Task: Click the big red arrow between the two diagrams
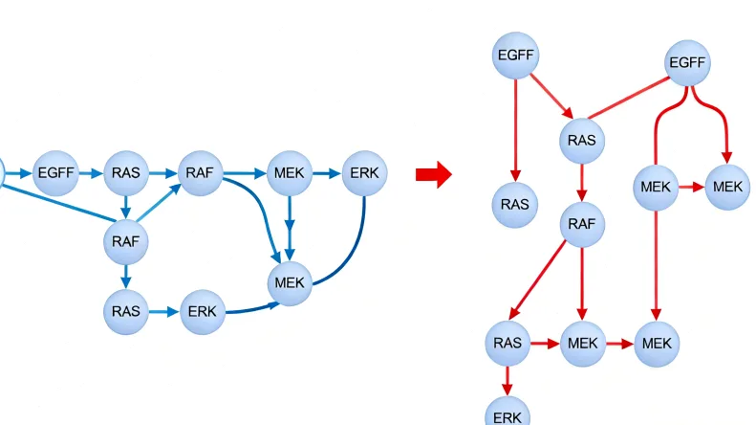pyautogui.click(x=432, y=174)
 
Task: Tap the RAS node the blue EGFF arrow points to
pyautogui.click(x=124, y=173)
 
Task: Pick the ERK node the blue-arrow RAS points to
pyautogui.click(x=202, y=312)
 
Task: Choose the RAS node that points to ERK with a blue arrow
pyautogui.click(x=125, y=312)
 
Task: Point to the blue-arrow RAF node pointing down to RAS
pyautogui.click(x=125, y=241)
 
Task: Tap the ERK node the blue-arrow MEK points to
pyautogui.click(x=364, y=173)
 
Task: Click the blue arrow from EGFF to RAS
pyautogui.click(x=90, y=173)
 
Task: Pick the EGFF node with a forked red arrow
pyautogui.click(x=687, y=64)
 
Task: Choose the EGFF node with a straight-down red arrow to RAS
pyautogui.click(x=515, y=56)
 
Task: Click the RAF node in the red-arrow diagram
pyautogui.click(x=582, y=225)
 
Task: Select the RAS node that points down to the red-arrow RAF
pyautogui.click(x=582, y=141)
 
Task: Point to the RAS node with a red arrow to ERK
pyautogui.click(x=508, y=342)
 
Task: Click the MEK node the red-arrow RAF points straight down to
pyautogui.click(x=582, y=342)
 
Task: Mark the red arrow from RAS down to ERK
pyautogui.click(x=508, y=379)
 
